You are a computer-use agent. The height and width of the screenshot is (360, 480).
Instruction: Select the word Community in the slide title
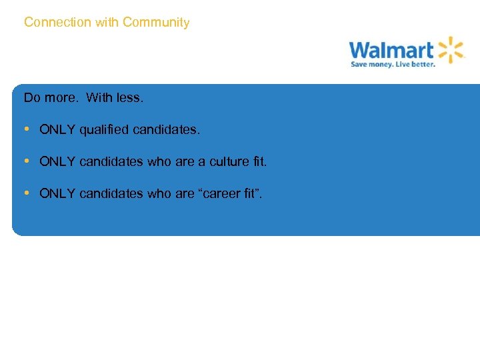pos(156,23)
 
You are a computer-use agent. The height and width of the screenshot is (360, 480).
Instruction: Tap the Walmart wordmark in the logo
pos(391,50)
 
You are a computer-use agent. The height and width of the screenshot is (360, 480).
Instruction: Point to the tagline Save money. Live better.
pos(393,65)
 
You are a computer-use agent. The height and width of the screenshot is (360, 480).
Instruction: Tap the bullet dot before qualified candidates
pos(26,129)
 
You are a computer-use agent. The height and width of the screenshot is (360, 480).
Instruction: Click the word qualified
pos(104,130)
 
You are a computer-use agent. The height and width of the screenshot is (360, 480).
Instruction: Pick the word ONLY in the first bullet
pos(57,130)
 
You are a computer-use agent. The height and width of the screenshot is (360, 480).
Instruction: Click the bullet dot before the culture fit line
pos(26,161)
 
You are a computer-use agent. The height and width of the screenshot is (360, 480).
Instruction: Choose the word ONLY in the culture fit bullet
pos(57,162)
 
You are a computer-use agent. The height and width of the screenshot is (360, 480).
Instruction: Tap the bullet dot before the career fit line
pos(26,193)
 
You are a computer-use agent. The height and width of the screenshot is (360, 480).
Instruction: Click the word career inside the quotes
pos(225,194)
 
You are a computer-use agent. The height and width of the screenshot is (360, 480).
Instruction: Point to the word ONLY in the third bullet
pos(57,194)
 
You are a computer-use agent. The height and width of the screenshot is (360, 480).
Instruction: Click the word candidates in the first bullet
pos(165,130)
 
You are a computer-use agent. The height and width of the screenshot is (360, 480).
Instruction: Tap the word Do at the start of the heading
pos(31,98)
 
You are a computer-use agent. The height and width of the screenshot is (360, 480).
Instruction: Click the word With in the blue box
pos(99,98)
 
